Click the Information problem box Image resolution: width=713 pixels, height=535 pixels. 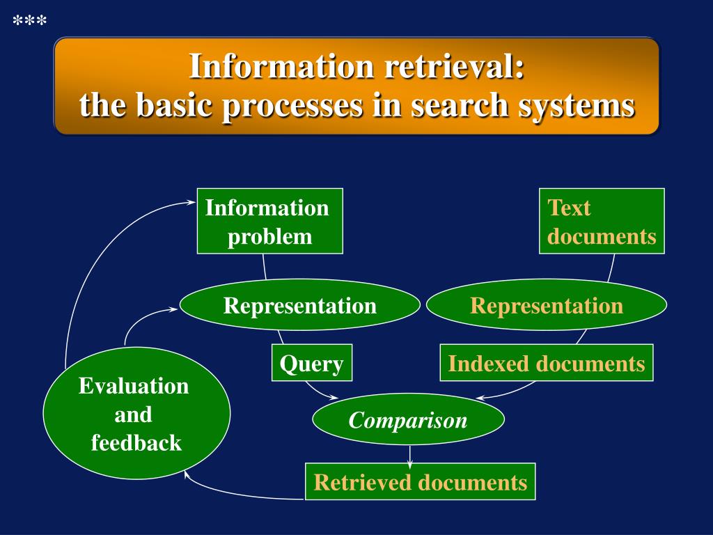pyautogui.click(x=269, y=221)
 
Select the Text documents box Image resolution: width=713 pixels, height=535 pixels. pyautogui.click(x=602, y=221)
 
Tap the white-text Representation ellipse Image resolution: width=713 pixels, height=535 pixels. pyautogui.click(x=299, y=305)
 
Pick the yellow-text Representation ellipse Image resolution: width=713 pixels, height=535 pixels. pyautogui.click(x=546, y=305)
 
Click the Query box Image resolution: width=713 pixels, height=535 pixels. pyautogui.click(x=311, y=363)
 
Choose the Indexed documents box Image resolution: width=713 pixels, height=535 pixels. pyautogui.click(x=546, y=363)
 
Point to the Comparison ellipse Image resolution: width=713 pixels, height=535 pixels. pyautogui.click(x=408, y=420)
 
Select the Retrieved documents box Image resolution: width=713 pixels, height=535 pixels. pyautogui.click(x=420, y=482)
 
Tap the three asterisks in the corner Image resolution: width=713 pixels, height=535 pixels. pyautogui.click(x=30, y=22)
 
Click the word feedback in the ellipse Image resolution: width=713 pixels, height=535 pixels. pyautogui.click(x=136, y=442)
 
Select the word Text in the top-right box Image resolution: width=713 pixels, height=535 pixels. pyautogui.click(x=569, y=208)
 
